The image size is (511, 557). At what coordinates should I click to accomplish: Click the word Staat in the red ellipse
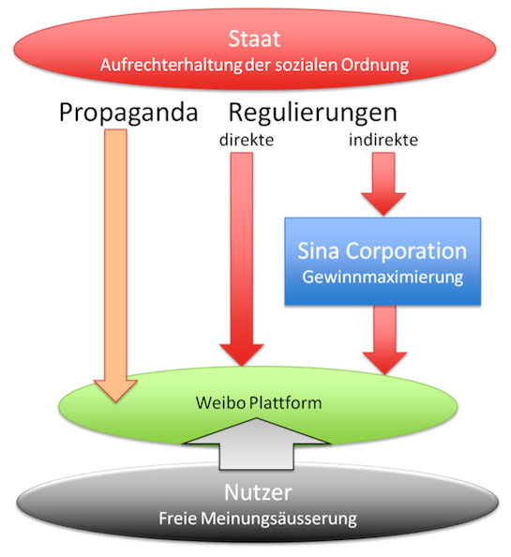[x=254, y=38]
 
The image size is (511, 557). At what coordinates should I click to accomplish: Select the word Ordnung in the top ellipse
[x=375, y=66]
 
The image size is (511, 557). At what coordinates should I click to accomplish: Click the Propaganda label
[x=128, y=113]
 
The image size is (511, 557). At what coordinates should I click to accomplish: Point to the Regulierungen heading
[x=312, y=113]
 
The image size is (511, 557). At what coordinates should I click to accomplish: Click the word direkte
[x=247, y=140]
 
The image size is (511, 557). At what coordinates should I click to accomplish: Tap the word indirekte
[x=383, y=140]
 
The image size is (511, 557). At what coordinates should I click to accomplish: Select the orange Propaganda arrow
[x=115, y=265]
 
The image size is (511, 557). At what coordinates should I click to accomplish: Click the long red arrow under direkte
[x=242, y=259]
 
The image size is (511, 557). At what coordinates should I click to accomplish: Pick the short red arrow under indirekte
[x=383, y=184]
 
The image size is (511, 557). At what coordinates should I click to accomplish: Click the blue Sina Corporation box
[x=383, y=262]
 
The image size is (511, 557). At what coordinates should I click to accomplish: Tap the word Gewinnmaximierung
[x=383, y=278]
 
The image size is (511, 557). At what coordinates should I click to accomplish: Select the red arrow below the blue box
[x=384, y=340]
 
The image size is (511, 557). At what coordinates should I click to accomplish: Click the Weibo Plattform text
[x=259, y=403]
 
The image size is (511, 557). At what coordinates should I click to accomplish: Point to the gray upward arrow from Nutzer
[x=257, y=444]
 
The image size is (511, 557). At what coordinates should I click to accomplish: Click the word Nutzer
[x=258, y=492]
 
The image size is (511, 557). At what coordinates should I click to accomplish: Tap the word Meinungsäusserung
[x=278, y=519]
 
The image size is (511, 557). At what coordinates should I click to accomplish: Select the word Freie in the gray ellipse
[x=177, y=519]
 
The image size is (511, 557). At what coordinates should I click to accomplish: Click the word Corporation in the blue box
[x=406, y=251]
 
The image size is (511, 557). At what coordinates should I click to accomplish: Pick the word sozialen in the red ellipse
[x=306, y=66]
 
